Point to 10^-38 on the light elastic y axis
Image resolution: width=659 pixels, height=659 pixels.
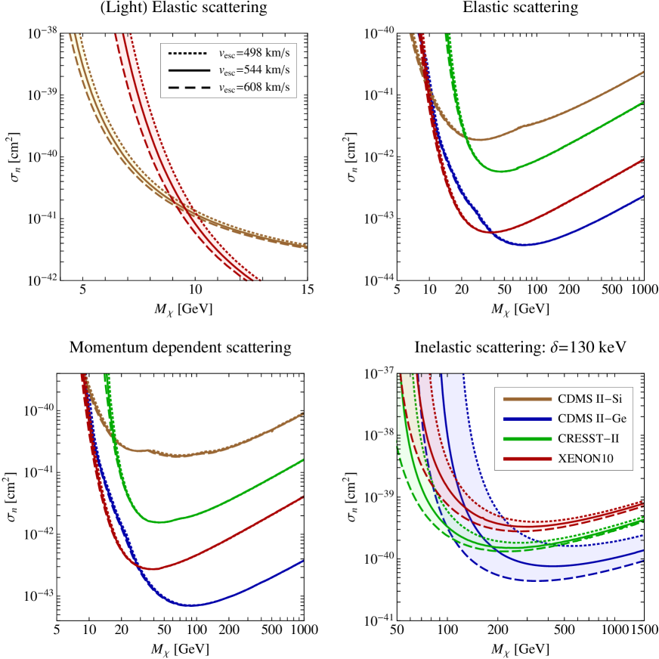point(47,32)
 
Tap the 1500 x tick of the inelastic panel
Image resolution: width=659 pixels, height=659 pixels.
point(642,630)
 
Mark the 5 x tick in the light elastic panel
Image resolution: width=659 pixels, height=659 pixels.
point(84,290)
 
